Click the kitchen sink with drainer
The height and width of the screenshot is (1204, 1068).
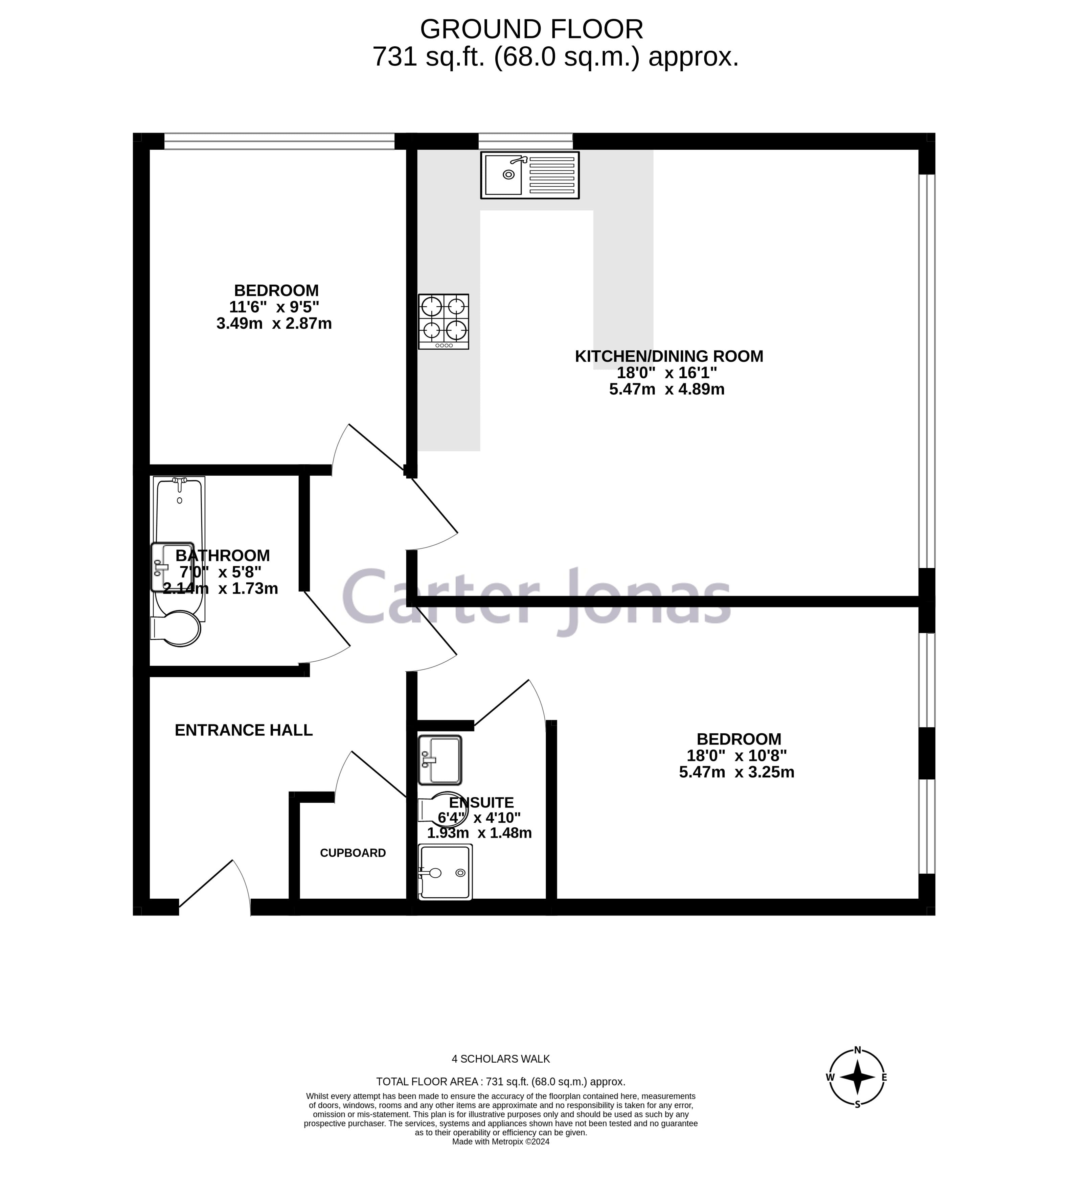[529, 175]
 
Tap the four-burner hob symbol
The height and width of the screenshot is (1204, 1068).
[443, 322]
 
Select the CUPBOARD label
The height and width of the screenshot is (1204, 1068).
[353, 853]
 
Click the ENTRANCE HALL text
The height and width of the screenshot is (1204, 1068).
[244, 730]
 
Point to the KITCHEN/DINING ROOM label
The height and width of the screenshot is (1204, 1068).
[668, 356]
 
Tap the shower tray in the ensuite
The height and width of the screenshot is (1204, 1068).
[445, 872]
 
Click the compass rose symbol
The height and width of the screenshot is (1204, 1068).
[857, 1077]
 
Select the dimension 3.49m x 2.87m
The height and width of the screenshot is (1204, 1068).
[274, 323]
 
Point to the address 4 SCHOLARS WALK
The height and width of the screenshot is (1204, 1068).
[500, 1059]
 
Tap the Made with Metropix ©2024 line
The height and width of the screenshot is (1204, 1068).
[500, 1141]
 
